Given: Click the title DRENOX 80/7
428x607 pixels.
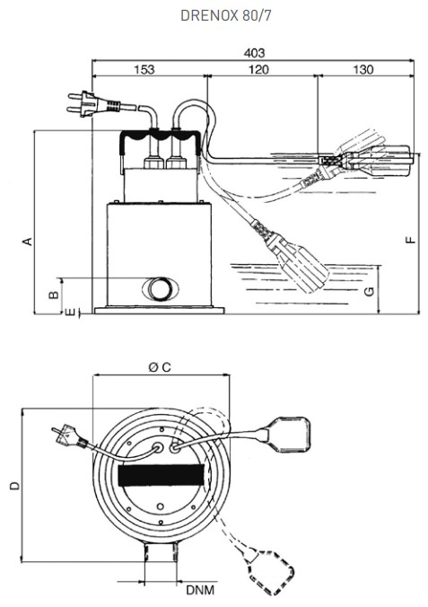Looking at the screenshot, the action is pyautogui.click(x=225, y=15).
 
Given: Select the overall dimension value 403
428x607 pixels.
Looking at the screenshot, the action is pyautogui.click(x=254, y=53).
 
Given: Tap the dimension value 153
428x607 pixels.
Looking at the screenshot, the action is pyautogui.click(x=144, y=69).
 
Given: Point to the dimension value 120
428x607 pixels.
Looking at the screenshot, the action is pyautogui.click(x=258, y=69).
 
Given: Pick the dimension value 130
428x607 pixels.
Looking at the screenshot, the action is pyautogui.click(x=363, y=69).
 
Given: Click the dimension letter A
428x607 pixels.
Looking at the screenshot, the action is pyautogui.click(x=28, y=241).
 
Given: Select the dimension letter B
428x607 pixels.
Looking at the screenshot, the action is pyautogui.click(x=54, y=295).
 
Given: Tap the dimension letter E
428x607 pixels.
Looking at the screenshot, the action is pyautogui.click(x=70, y=312).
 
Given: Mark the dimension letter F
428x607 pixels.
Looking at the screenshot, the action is pyautogui.click(x=410, y=240).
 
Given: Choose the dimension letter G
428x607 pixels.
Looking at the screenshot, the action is pyautogui.click(x=370, y=291).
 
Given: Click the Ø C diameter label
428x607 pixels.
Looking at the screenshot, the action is pyautogui.click(x=160, y=366).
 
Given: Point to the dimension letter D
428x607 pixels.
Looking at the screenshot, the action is pyautogui.click(x=14, y=486).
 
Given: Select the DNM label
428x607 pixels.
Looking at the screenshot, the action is pyautogui.click(x=200, y=590).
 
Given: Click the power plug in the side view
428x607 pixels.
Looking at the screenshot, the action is pyautogui.click(x=94, y=104).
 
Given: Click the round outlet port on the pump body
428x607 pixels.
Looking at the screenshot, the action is pyautogui.click(x=161, y=289).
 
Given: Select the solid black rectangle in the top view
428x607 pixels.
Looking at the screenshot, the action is pyautogui.click(x=161, y=475).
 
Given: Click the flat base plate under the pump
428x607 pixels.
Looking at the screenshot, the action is pyautogui.click(x=160, y=311).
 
